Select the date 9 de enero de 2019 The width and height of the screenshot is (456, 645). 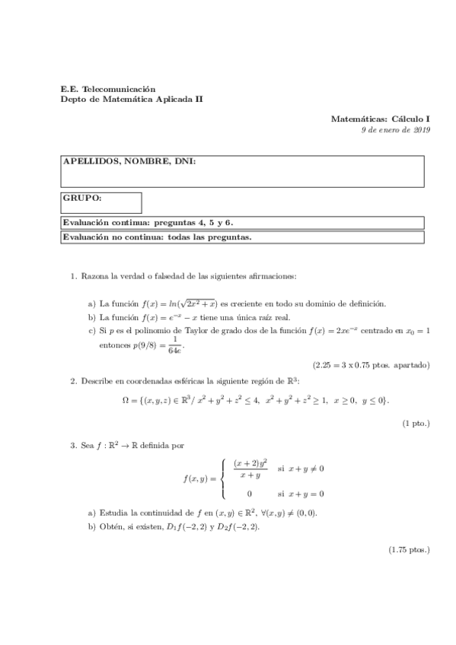(x=396, y=130)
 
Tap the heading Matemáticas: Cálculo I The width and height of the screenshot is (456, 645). (x=381, y=119)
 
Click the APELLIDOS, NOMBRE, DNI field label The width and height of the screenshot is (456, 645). (x=129, y=161)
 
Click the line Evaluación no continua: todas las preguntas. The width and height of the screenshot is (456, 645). (x=157, y=237)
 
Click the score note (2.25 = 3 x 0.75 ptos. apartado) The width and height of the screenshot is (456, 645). (x=371, y=364)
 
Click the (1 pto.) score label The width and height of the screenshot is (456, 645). (x=416, y=423)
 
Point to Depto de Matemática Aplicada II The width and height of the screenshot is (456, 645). (x=132, y=100)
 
